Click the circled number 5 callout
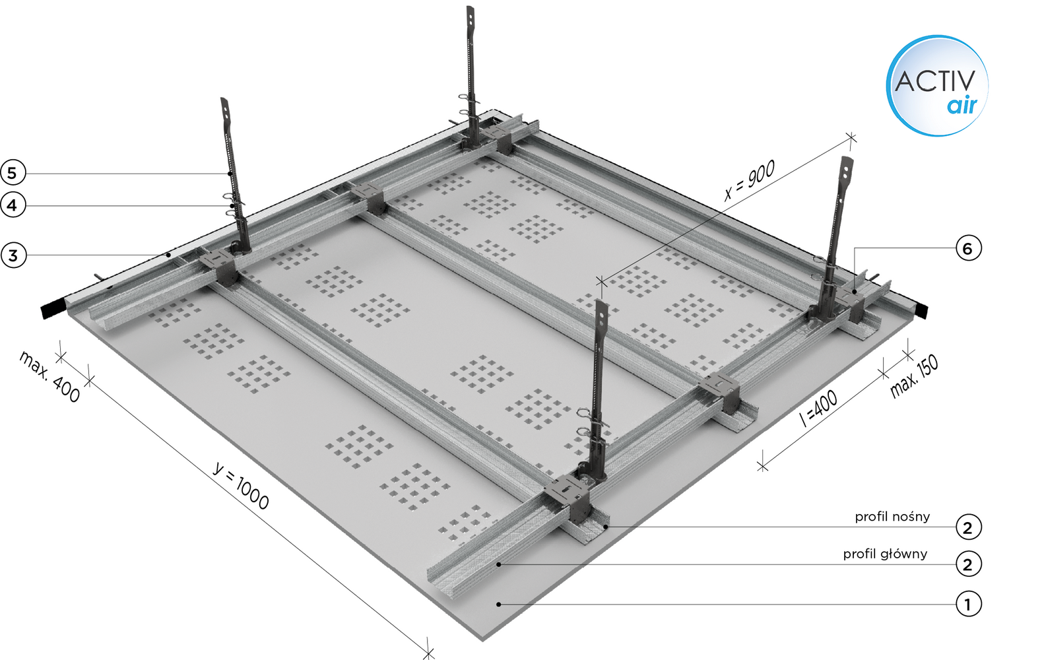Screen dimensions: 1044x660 [13, 173]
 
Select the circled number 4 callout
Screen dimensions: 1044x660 [13, 205]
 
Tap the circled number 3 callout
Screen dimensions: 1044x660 [13, 255]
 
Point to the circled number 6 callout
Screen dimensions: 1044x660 [969, 248]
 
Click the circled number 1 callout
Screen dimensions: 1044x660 [969, 604]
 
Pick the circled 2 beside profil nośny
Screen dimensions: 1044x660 [969, 527]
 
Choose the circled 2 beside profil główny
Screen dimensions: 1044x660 [969, 564]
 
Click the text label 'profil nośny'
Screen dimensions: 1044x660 [892, 516]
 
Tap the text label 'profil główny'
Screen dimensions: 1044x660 [885, 554]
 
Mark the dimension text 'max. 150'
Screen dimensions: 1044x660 [914, 377]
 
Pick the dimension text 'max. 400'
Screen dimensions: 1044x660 [50, 377]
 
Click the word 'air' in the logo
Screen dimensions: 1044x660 [962, 106]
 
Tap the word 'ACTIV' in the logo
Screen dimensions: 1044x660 [934, 81]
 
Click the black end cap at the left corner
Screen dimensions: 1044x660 [54, 310]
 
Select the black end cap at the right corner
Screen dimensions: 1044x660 [922, 310]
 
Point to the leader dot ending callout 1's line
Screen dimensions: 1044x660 [498, 604]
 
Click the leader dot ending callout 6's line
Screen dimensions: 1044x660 [855, 292]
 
